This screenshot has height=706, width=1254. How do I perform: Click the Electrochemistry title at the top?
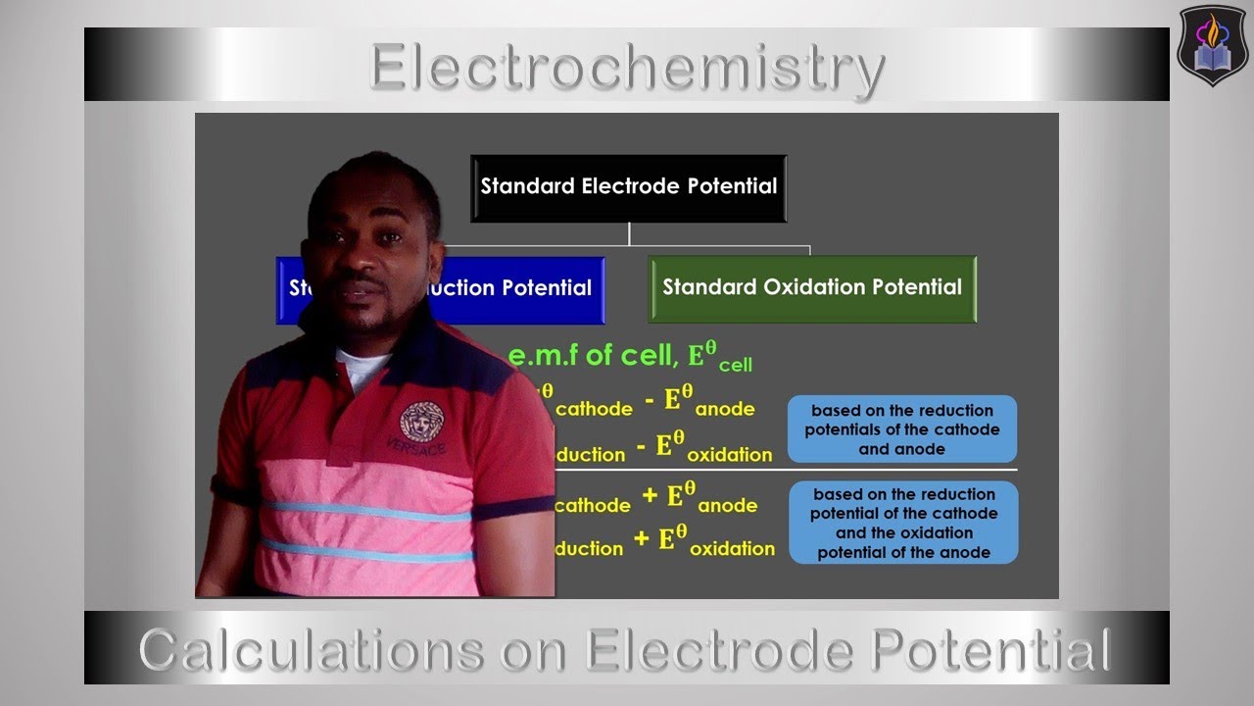(627, 69)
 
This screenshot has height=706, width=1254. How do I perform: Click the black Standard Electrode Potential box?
(628, 186)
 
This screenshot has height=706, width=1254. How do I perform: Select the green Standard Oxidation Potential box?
(812, 288)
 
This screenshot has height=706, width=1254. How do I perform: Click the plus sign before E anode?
(649, 496)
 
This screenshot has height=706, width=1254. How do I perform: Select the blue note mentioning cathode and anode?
(901, 429)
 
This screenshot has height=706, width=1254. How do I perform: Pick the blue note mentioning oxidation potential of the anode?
(903, 523)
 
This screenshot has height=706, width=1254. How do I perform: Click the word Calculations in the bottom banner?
(310, 650)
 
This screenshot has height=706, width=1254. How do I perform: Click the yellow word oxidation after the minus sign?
(729, 455)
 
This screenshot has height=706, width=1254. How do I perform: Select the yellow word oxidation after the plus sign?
(731, 549)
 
